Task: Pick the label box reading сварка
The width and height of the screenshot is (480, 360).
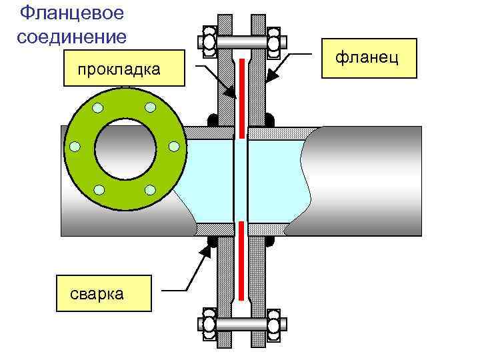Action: pos(103,293)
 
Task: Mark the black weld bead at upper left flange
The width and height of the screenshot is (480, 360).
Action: pos(213,121)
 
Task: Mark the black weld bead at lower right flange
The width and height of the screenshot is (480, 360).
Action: pos(269,241)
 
